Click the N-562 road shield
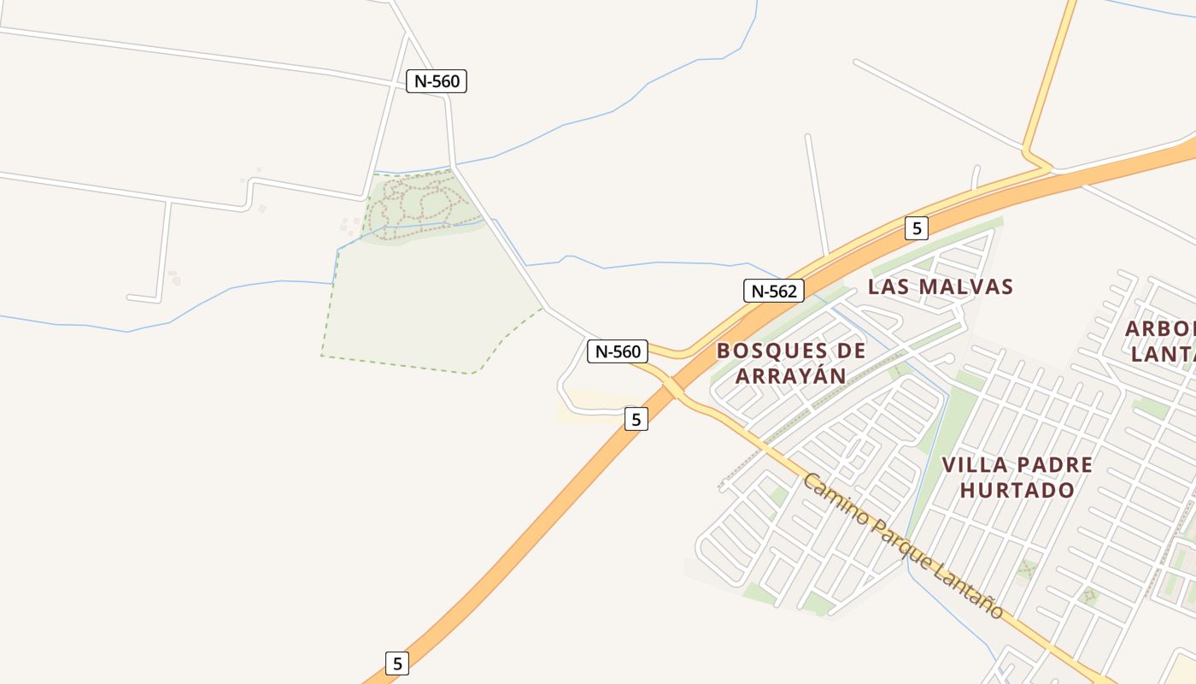click(x=773, y=291)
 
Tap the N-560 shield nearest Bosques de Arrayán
click(x=618, y=351)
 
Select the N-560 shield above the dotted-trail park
click(x=437, y=81)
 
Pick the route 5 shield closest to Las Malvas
click(x=916, y=228)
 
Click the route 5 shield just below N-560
click(x=636, y=419)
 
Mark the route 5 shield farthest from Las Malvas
click(x=396, y=663)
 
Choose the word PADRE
click(x=1056, y=465)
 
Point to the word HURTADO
click(x=1017, y=490)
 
